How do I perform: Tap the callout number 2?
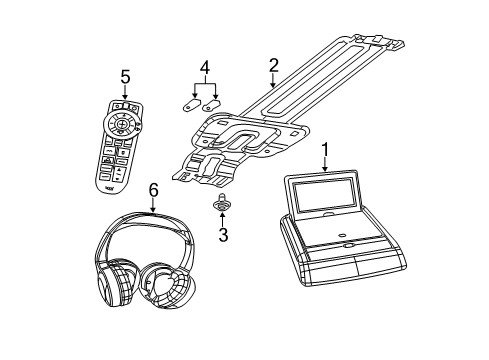[272, 66]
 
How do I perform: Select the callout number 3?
[224, 236]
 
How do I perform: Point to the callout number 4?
[204, 69]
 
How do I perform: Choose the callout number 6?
[153, 189]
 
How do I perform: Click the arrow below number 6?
[153, 207]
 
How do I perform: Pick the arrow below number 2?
[272, 84]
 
